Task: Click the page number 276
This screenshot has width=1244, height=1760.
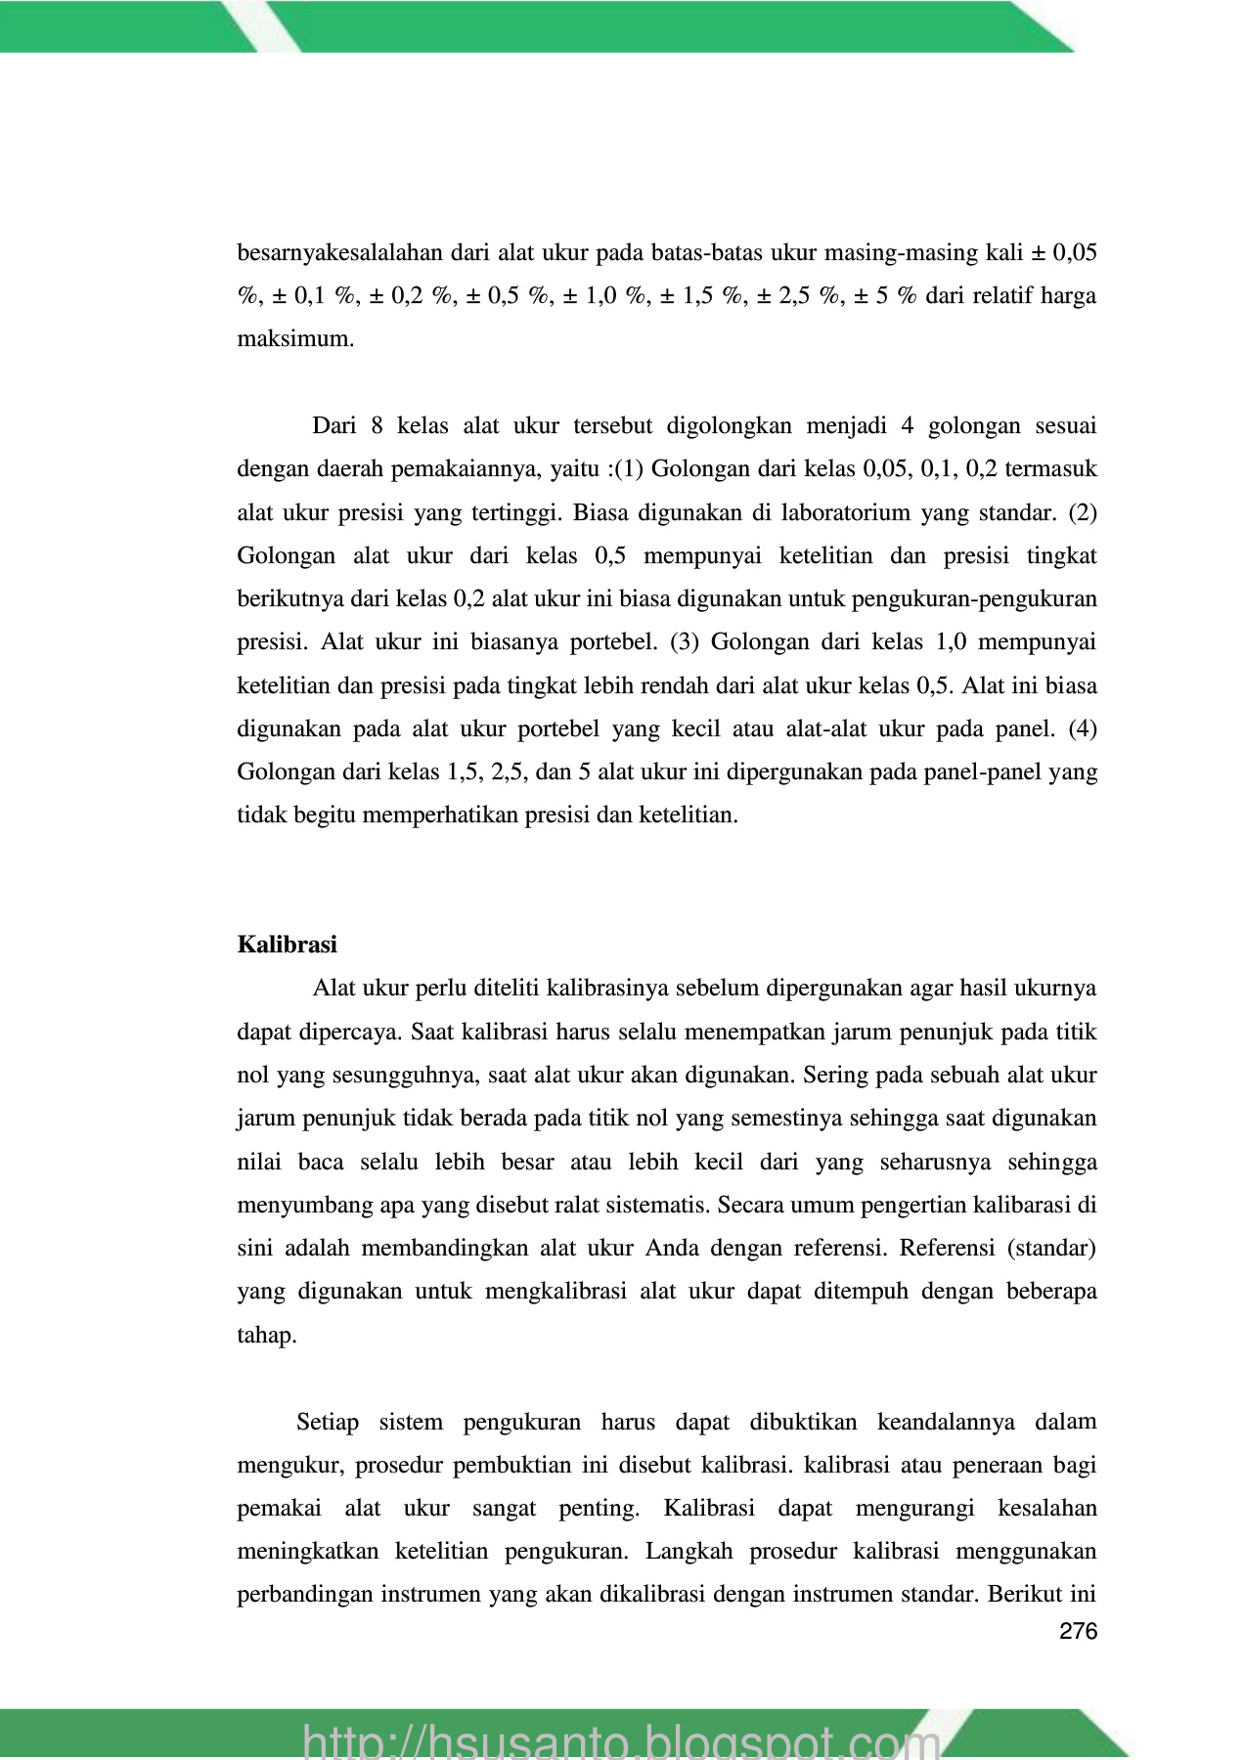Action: coord(1079,1631)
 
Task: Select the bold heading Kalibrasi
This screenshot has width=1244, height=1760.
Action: coord(287,945)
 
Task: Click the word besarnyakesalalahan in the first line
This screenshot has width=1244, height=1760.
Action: coord(340,253)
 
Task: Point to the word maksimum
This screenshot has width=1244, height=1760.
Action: coord(295,339)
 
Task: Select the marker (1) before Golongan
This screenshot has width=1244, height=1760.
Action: coord(628,469)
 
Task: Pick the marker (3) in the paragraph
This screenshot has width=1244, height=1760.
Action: coord(684,642)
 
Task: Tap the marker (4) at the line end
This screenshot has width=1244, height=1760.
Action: coord(1083,728)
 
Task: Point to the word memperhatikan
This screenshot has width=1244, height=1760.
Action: coord(431,815)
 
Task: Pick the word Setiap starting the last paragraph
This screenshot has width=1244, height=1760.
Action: coord(328,1422)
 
